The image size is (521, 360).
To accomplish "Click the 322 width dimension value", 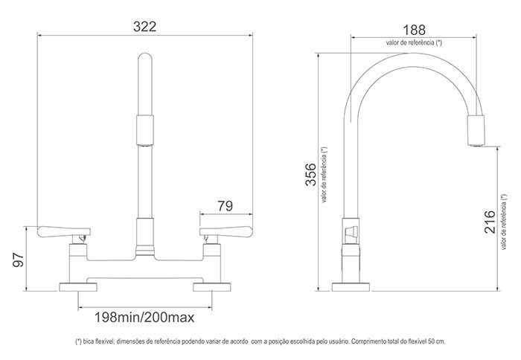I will (x=144, y=27).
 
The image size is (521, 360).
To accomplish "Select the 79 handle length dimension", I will (x=226, y=205).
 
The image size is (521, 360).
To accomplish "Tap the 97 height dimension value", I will (x=20, y=260).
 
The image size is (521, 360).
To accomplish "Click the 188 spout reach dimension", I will (x=414, y=30).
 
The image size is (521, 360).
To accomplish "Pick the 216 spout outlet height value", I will (x=489, y=222).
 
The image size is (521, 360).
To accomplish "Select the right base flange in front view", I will (x=211, y=288).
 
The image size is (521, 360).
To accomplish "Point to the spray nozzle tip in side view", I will (x=476, y=130).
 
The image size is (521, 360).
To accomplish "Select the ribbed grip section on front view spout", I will (x=144, y=130).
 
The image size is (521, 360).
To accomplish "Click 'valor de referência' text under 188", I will (x=414, y=43).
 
